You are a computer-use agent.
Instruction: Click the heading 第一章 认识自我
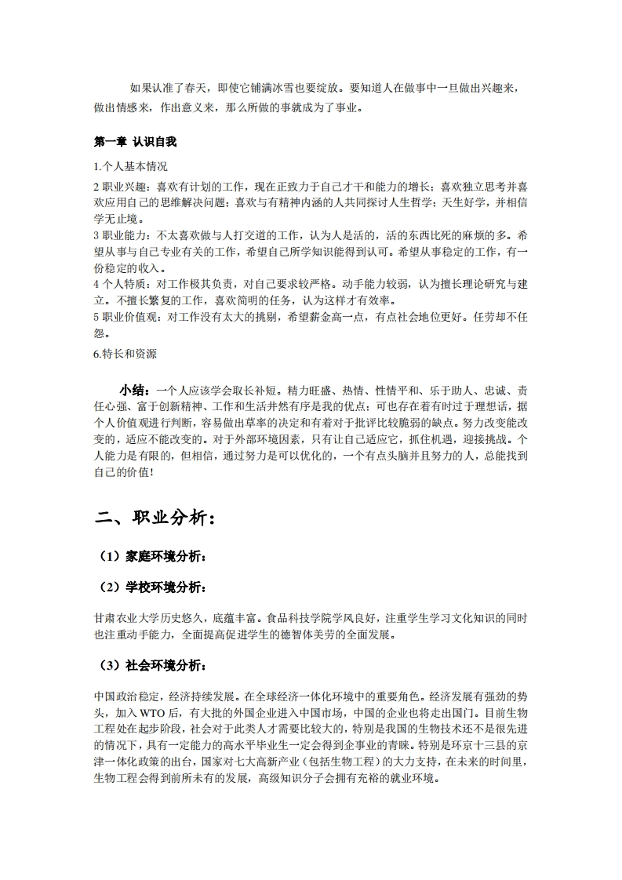click(x=135, y=142)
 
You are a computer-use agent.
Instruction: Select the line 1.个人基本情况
click(x=130, y=166)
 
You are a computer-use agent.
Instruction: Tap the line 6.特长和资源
click(x=125, y=354)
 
